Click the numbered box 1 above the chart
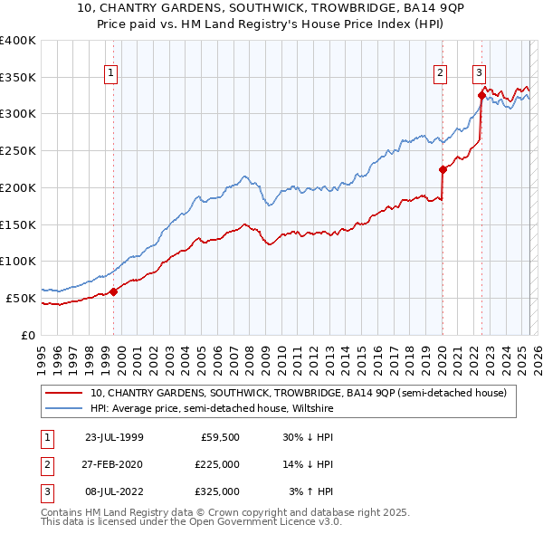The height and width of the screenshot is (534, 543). point(110,74)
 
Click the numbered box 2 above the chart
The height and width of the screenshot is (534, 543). point(440,74)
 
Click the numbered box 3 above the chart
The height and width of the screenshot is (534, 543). point(479,74)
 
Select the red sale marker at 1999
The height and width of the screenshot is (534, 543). point(114,291)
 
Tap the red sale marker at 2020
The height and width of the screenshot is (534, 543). point(443,169)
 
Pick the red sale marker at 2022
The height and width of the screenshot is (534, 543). point(481,95)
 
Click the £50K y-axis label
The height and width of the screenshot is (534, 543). point(21,298)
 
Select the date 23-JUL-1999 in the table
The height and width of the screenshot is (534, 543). point(114,437)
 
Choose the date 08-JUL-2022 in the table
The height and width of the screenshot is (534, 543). point(114,491)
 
